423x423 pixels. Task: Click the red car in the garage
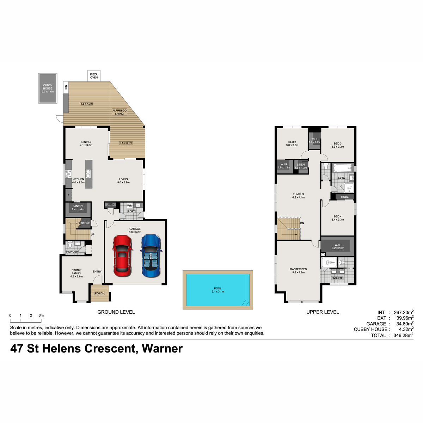pyautogui.click(x=122, y=256)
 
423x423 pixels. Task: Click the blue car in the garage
pyautogui.click(x=151, y=256)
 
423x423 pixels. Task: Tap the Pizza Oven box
pyautogui.click(x=94, y=76)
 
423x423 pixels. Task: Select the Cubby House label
pyautogui.click(x=48, y=87)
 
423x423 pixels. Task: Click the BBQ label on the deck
pyautogui.click(x=66, y=88)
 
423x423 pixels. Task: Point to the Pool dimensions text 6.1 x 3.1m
pyautogui.click(x=218, y=292)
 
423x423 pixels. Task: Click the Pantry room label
pyautogui.click(x=78, y=206)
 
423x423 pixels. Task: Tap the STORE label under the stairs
pyautogui.click(x=85, y=223)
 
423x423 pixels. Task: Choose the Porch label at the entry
pyautogui.click(x=100, y=293)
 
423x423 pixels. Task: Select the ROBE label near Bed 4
pyautogui.click(x=345, y=197)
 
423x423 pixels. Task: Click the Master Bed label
pyautogui.click(x=298, y=269)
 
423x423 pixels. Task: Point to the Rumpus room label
pyautogui.click(x=298, y=194)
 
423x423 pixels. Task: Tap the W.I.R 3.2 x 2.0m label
pyautogui.click(x=338, y=246)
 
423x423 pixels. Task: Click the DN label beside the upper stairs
pyautogui.click(x=302, y=223)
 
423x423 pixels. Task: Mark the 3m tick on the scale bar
pyautogui.click(x=41, y=322)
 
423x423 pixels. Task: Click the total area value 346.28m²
pyautogui.click(x=404, y=335)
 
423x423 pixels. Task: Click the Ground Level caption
pyautogui.click(x=116, y=312)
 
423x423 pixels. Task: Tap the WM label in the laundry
pyautogui.click(x=130, y=206)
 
